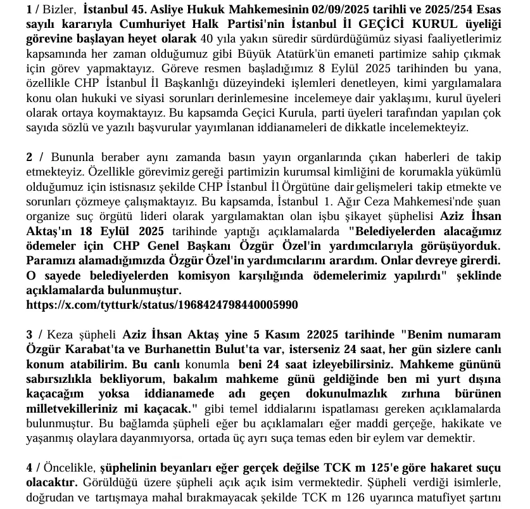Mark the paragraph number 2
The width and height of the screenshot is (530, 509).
(x=29, y=157)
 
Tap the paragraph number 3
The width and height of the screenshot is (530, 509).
(x=29, y=334)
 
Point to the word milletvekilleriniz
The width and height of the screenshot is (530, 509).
(x=77, y=408)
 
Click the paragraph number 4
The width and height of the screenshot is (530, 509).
(x=29, y=467)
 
